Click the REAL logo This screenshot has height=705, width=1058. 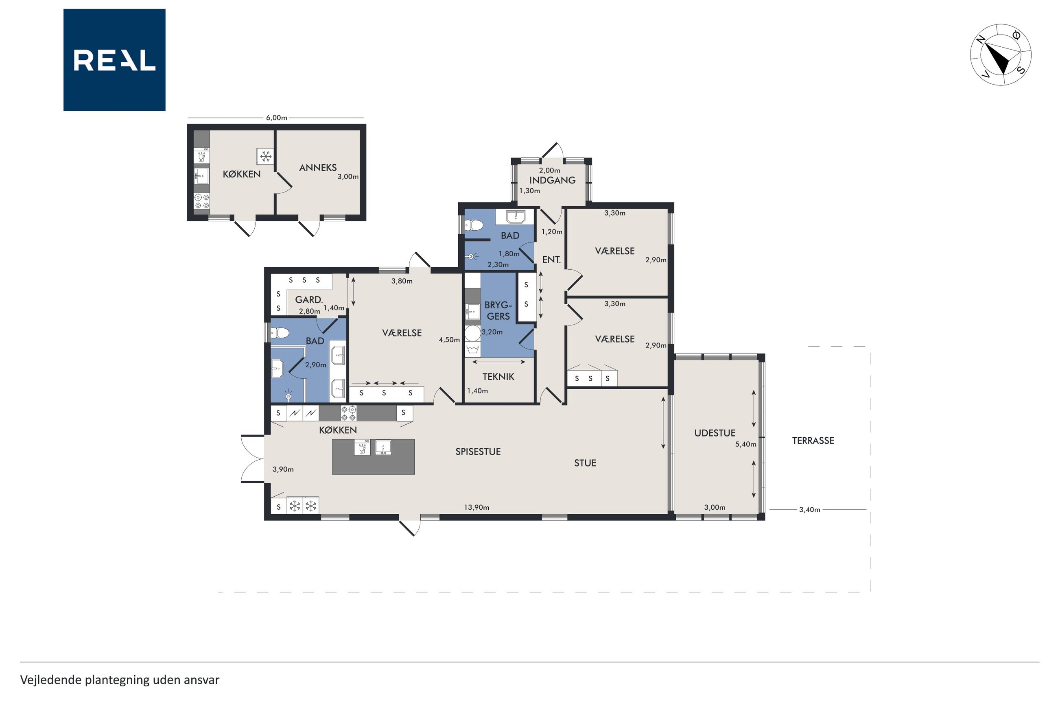[x=114, y=60]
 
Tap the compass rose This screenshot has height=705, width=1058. [x=1001, y=55]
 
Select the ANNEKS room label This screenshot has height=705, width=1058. [x=318, y=168]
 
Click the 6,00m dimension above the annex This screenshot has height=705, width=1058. [x=276, y=118]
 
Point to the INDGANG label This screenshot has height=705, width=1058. [x=552, y=180]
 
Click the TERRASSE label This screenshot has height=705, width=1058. [x=813, y=441]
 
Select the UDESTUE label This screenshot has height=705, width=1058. [x=715, y=433]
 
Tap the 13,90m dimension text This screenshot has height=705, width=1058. [x=477, y=507]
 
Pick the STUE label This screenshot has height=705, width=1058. [x=585, y=463]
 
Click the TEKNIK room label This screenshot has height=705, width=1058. [x=498, y=377]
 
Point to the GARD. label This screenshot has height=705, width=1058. [x=309, y=299]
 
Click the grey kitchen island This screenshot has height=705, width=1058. [x=373, y=457]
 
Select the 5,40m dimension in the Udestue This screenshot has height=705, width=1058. [x=745, y=444]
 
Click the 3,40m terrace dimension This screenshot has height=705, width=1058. [x=809, y=509]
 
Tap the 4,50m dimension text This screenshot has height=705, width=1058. [x=449, y=340]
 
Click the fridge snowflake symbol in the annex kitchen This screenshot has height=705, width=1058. [x=266, y=157]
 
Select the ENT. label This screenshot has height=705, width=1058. [x=551, y=260]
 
